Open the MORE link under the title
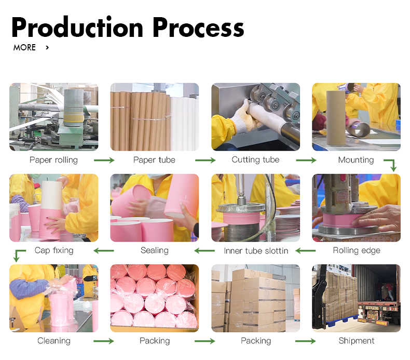pyautogui.click(x=24, y=48)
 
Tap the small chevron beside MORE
pyautogui.click(x=47, y=48)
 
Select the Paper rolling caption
pyautogui.click(x=53, y=160)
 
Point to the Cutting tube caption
pyautogui.click(x=255, y=160)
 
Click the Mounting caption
pyautogui.click(x=356, y=160)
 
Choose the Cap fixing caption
pyautogui.click(x=54, y=250)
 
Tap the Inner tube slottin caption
pyautogui.click(x=256, y=251)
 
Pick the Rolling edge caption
pyautogui.click(x=357, y=250)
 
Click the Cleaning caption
pyautogui.click(x=54, y=341)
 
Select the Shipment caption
pyautogui.click(x=357, y=341)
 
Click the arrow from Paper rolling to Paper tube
pyautogui.click(x=104, y=161)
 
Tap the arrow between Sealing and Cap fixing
pyautogui.click(x=104, y=251)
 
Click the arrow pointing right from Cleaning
pyautogui.click(x=104, y=341)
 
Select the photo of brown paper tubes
pyautogui.click(x=155, y=117)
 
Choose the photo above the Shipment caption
pyautogui.click(x=356, y=298)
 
